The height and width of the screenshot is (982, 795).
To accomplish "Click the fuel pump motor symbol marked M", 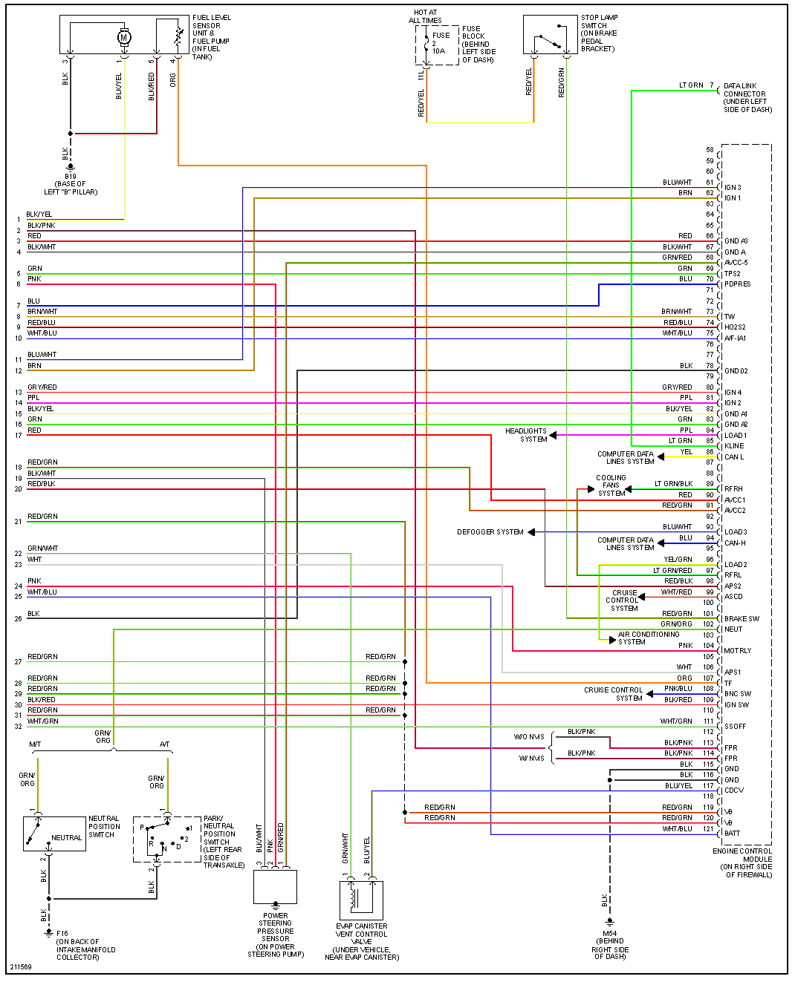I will click(124, 37).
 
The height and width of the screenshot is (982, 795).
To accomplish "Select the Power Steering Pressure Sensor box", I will click(275, 886).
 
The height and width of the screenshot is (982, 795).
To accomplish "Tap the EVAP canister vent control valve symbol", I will click(361, 900).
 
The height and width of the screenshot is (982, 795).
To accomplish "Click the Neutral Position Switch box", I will click(54, 834).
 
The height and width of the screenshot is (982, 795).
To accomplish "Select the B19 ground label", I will click(70, 177).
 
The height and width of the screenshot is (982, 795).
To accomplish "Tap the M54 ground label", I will click(610, 934).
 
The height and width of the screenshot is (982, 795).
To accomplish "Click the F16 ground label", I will click(62, 934).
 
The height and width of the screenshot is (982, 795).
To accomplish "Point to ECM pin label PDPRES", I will click(738, 284).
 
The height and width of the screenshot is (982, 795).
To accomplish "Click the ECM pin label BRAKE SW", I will click(742, 618).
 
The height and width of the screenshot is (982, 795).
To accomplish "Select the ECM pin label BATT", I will click(733, 833).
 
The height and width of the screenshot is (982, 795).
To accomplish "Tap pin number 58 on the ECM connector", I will click(710, 150).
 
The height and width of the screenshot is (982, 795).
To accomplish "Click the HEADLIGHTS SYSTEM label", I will click(526, 435).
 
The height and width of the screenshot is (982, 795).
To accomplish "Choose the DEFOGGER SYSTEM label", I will click(490, 532).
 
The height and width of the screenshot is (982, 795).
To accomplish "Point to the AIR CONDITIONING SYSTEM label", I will click(649, 638).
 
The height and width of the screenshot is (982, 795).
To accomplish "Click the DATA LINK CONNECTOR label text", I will click(747, 98).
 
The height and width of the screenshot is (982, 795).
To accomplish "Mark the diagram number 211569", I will click(21, 967).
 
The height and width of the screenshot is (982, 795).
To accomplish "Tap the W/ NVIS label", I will click(531, 759).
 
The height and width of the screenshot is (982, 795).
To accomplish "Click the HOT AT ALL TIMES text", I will click(425, 16).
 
